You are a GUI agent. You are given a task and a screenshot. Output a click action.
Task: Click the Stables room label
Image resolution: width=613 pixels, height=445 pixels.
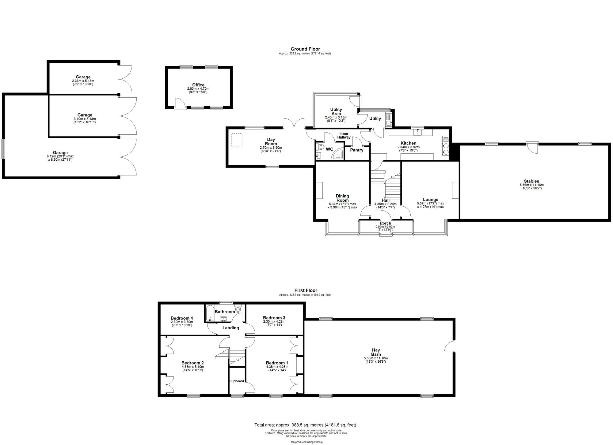click(531, 181)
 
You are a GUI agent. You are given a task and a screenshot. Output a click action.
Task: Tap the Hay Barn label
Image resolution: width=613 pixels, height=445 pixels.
click(376, 352)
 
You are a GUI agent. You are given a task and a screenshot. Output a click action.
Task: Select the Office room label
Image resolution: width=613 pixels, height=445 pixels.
click(198, 85)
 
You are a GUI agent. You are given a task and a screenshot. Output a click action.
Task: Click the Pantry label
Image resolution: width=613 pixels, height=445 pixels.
click(357, 150)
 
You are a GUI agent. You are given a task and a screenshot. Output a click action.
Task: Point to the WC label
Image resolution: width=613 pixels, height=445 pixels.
click(329, 149)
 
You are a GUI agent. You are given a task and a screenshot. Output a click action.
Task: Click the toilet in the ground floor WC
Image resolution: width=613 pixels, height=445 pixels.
click(320, 146)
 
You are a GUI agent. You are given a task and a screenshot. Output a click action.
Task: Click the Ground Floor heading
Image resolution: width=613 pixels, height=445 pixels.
click(305, 49)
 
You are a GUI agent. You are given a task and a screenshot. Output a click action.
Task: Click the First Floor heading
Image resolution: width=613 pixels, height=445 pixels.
click(306, 290)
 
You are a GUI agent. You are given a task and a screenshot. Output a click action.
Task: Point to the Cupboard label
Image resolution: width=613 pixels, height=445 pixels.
click(237, 381)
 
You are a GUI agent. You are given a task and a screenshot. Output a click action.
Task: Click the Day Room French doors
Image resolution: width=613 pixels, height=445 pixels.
click(294, 123)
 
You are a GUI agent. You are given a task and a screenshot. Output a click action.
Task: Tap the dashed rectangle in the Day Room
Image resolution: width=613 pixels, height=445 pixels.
click(237, 140)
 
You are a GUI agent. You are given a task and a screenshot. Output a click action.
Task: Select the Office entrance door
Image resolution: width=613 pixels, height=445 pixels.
click(180, 103)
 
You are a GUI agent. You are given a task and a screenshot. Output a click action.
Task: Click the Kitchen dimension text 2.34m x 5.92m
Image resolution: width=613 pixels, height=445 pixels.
click(408, 147)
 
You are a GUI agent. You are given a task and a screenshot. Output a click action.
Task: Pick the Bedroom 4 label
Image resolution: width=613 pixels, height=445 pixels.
click(182, 318)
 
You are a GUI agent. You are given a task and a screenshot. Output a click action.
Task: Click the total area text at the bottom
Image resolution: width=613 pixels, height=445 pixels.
click(305, 425)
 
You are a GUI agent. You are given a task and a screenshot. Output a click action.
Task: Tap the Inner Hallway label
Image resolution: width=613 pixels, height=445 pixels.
click(344, 136)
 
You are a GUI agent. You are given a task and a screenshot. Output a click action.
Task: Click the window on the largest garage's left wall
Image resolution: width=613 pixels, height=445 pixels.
click(3, 149)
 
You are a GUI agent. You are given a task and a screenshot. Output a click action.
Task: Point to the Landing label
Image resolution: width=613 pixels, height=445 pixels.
click(231, 328)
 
